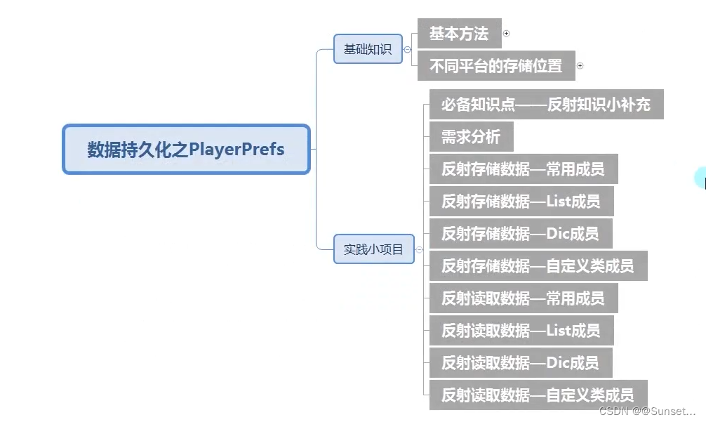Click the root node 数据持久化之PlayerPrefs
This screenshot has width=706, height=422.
[186, 150]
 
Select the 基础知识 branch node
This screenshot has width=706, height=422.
[368, 49]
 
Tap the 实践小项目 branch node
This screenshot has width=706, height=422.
[373, 249]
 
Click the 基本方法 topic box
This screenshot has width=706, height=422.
[459, 34]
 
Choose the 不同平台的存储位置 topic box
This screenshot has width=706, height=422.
[495, 66]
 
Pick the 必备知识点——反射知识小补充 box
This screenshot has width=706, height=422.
[545, 105]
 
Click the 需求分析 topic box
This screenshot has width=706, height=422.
[471, 137]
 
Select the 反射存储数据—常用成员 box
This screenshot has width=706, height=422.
[523, 169]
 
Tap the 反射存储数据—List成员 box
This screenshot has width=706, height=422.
[521, 202]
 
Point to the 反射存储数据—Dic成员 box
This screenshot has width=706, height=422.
[520, 234]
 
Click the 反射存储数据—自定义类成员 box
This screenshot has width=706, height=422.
[538, 266]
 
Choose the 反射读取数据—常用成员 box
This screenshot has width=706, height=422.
[523, 298]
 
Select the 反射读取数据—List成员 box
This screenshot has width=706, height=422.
[521, 330]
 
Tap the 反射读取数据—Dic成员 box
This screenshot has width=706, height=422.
[520, 362]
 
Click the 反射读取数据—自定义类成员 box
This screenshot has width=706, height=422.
[538, 395]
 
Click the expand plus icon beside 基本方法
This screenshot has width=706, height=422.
[507, 34]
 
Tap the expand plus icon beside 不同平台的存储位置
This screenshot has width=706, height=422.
[580, 66]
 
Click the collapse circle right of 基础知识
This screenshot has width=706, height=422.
[408, 50]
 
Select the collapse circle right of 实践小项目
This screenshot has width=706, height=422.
[420, 249]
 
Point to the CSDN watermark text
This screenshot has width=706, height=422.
[647, 411]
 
